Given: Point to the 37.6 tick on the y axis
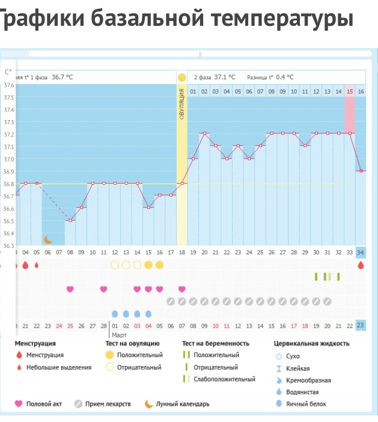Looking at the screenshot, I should point(8,85).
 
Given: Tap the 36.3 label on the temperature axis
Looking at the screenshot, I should point(8,246).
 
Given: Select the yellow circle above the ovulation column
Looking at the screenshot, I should point(181,77).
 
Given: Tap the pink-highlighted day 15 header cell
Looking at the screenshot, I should point(350,91).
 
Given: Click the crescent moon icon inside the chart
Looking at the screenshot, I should point(48,240).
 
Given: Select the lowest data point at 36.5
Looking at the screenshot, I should point(70,220).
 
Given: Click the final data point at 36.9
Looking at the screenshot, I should point(361,171).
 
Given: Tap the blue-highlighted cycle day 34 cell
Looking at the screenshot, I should point(361,252).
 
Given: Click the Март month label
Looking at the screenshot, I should point(120,334).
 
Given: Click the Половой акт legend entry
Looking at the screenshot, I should point(44,404).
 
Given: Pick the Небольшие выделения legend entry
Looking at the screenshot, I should point(58,367).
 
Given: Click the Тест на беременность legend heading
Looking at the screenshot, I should point(215,343).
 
